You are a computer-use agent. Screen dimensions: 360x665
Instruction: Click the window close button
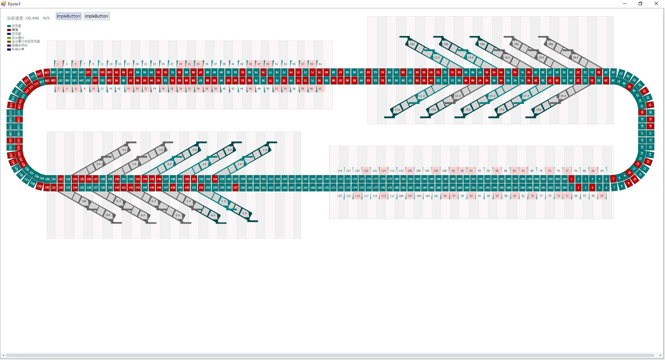pyautogui.click(x=656, y=3)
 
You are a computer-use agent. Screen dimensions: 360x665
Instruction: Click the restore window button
pyautogui.click(x=640, y=3)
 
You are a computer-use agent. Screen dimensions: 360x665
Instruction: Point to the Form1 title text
pyautogui.click(x=14, y=4)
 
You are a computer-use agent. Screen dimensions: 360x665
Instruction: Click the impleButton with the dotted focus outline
pyautogui.click(x=69, y=16)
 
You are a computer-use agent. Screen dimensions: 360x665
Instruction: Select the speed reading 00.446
pyautogui.click(x=33, y=18)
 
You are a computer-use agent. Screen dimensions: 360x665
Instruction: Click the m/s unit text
pyautogui.click(x=46, y=18)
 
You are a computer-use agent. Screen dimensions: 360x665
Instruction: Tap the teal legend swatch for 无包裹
pyautogui.click(x=9, y=26)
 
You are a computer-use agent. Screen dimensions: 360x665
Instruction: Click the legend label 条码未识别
pyautogui.click(x=19, y=45)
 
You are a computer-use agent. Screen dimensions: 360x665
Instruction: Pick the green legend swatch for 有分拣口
pyautogui.click(x=9, y=38)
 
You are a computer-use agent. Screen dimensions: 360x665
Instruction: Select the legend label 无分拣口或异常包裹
pyautogui.click(x=26, y=42)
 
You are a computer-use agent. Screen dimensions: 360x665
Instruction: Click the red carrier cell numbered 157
pyautogui.click(x=236, y=188)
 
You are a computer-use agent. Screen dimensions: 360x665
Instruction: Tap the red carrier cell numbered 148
pyautogui.click(x=172, y=188)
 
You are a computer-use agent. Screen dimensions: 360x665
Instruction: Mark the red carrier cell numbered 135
pyautogui.click(x=82, y=179)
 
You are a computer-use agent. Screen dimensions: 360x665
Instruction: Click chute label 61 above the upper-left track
pyautogui.click(x=320, y=64)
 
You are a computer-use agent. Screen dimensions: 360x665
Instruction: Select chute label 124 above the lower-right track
pyautogui.click(x=340, y=171)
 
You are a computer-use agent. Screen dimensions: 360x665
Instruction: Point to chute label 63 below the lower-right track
pyautogui.click(x=602, y=196)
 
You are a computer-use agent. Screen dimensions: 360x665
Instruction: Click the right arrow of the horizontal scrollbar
pyautogui.click(x=660, y=355)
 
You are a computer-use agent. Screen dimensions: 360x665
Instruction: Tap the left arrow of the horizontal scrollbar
pyautogui.click(x=3, y=355)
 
